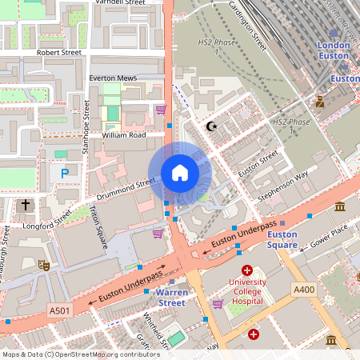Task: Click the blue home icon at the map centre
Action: click(x=180, y=172)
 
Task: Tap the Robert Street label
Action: click(x=59, y=52)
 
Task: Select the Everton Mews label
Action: click(x=114, y=78)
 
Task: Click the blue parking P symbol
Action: click(x=63, y=172)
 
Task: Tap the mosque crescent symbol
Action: click(x=211, y=126)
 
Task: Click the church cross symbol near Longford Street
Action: click(x=25, y=206)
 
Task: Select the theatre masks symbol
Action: click(x=43, y=263)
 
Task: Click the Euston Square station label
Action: click(x=282, y=240)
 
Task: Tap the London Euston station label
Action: click(x=334, y=51)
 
